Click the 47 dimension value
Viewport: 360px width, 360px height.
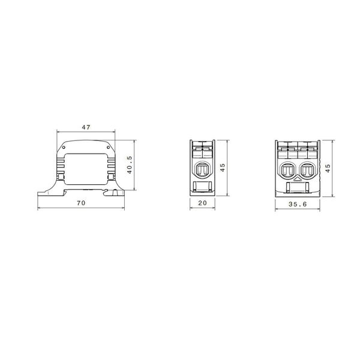pyautogui.click(x=86, y=127)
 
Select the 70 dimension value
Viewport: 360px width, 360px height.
pyautogui.click(x=81, y=203)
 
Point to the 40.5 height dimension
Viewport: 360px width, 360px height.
pyautogui.click(x=130, y=165)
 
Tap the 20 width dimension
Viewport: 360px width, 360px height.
pyautogui.click(x=203, y=203)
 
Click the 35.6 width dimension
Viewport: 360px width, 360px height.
pyautogui.click(x=298, y=204)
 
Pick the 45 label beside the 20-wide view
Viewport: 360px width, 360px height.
pyautogui.click(x=223, y=167)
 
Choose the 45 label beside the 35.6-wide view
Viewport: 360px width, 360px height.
pyautogui.click(x=328, y=168)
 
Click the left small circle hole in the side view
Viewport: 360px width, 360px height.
pyautogui.click(x=64, y=147)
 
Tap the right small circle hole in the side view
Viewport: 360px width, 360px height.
pyautogui.click(x=108, y=147)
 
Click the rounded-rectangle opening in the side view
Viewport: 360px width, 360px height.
pyautogui.click(x=86, y=169)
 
